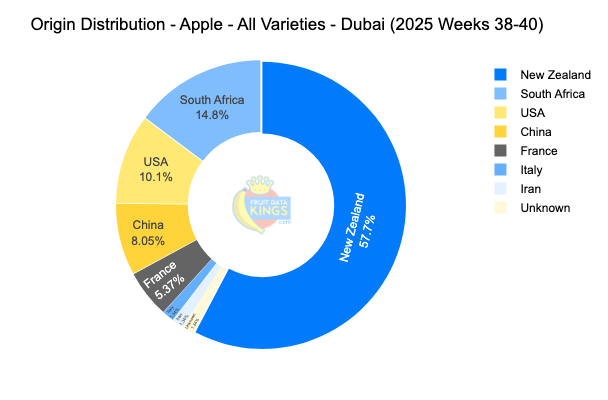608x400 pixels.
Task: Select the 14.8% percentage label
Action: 212,115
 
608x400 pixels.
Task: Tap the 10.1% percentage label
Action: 156,177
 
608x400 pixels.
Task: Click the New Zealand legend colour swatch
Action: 500,75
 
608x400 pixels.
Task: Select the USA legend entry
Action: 534,113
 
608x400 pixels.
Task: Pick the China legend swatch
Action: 500,132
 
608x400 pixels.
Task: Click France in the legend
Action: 539,151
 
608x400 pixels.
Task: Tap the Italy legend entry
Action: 532,170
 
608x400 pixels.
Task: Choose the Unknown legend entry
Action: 545,208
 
